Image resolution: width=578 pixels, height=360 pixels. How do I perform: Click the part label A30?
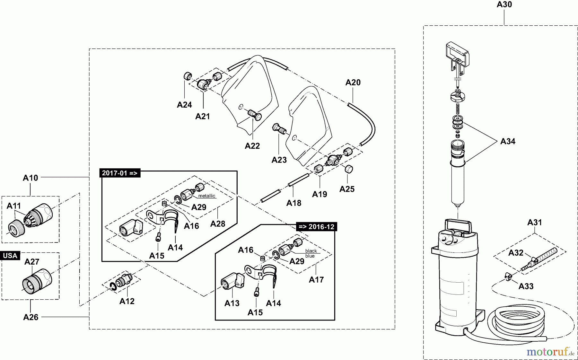point(504,4)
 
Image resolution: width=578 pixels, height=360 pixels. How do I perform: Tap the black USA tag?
point(10,256)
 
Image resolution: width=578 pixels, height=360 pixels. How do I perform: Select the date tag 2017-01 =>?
point(120,173)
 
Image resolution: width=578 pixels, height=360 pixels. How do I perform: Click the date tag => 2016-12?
point(316,227)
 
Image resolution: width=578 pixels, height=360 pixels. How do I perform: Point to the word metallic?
point(206,196)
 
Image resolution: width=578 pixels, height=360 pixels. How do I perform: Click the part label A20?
point(353,83)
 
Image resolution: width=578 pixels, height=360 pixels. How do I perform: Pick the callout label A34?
point(508,141)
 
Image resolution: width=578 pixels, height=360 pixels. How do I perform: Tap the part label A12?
point(127,301)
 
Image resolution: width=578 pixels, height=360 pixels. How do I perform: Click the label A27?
point(32,262)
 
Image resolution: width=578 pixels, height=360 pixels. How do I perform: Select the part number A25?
point(347,189)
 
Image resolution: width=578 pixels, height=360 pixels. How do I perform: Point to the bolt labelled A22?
point(254,115)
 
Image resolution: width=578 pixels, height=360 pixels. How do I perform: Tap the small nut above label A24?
point(187,76)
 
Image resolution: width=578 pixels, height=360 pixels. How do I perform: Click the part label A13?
point(232,303)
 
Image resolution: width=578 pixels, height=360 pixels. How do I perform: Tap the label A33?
point(526,286)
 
